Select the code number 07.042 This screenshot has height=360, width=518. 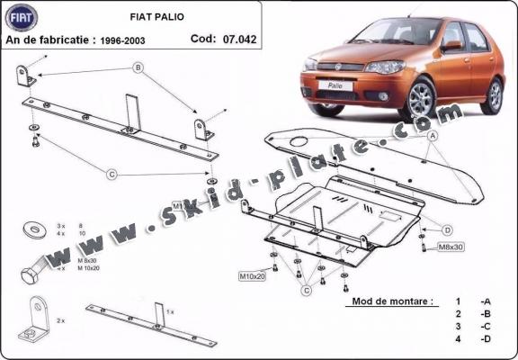(x=237, y=39)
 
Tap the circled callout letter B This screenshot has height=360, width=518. (x=138, y=67)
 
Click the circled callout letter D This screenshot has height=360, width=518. (x=447, y=229)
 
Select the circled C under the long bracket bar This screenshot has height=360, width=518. (x=112, y=174)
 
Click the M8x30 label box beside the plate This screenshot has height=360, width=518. (x=450, y=247)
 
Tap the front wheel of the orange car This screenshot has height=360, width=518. (x=422, y=101)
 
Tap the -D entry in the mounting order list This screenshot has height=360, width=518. (x=485, y=339)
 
